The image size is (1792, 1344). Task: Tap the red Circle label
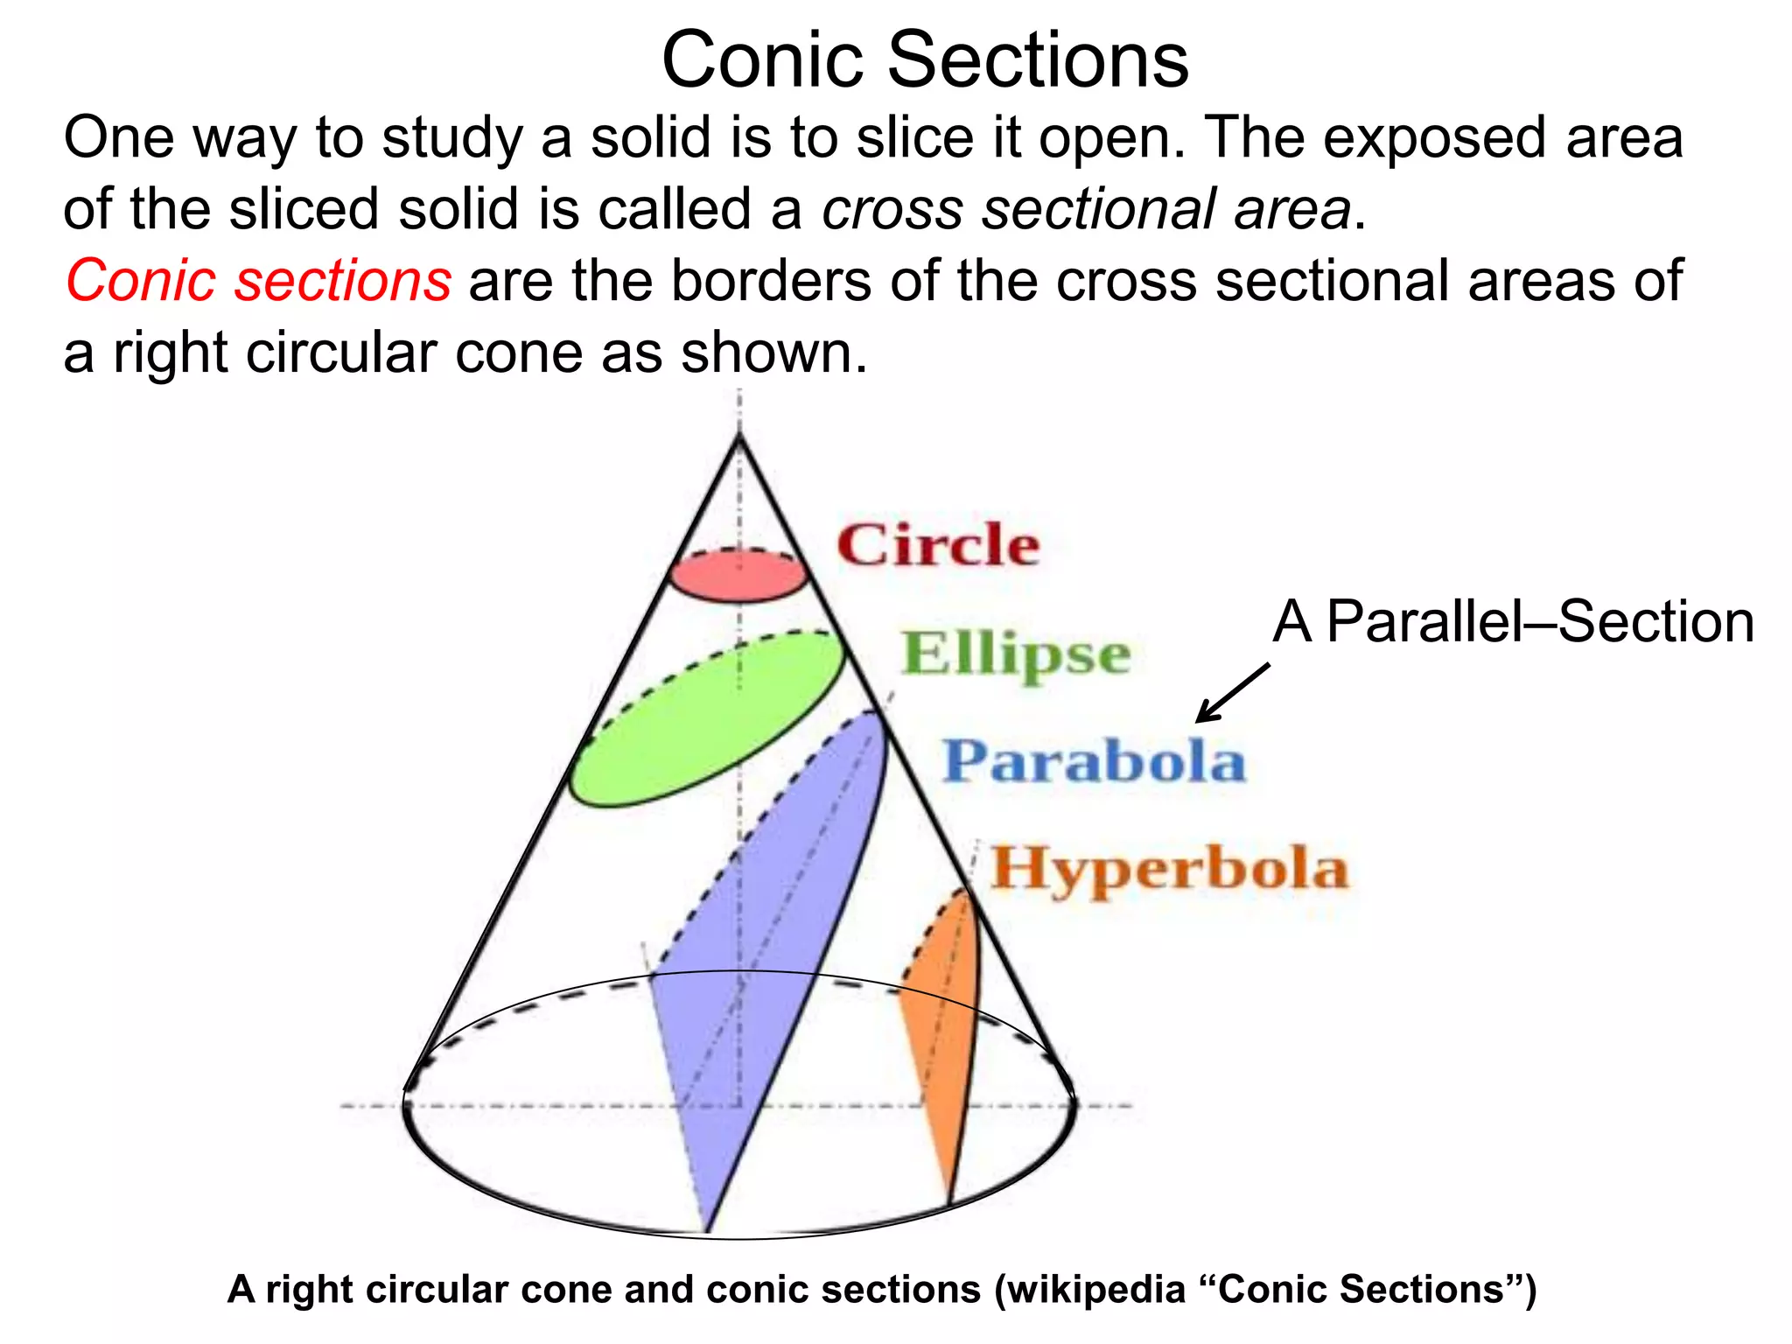[938, 545]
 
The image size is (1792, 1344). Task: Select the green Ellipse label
[1016, 654]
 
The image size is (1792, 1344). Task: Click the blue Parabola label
[1094, 761]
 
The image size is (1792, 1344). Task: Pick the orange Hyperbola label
[1169, 869]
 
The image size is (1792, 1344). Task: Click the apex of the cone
[740, 435]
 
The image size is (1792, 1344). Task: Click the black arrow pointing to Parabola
[1232, 693]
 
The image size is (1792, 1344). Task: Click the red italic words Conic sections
[259, 281]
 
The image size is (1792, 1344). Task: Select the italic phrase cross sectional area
[1086, 210]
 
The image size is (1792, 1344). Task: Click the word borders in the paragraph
[771, 281]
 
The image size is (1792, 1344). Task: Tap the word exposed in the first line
[1435, 138]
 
